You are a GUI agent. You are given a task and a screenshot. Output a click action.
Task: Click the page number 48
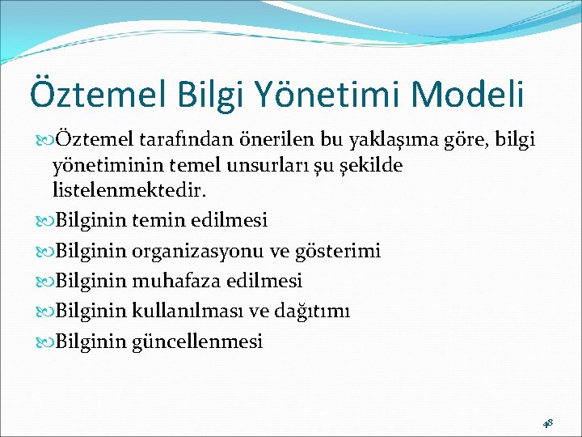547,423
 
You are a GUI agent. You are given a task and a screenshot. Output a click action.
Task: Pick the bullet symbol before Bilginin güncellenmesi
44,342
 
